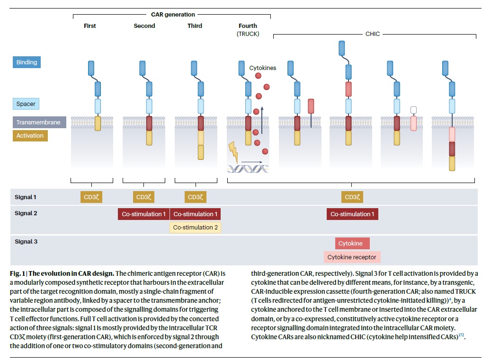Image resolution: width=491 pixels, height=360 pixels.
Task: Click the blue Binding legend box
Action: tap(27, 62)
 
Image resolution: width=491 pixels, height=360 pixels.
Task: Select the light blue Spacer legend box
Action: tap(26, 104)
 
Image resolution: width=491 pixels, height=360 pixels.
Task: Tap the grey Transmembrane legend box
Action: tap(39, 123)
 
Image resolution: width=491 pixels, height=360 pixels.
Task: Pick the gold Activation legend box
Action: tap(30, 135)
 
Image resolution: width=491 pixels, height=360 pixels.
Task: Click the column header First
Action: tap(90, 26)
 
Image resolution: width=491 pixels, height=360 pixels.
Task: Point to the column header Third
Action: tap(195, 26)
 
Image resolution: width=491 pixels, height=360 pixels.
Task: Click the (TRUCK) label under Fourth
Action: tap(248, 34)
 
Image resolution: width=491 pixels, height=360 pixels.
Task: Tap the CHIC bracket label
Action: tap(373, 34)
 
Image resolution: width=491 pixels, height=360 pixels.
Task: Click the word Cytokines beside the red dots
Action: tap(263, 68)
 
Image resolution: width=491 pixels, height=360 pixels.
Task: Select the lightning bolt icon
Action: tap(233, 152)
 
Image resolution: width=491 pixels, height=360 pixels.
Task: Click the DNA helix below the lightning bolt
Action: tap(248, 169)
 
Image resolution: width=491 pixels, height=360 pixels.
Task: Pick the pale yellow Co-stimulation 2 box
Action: tap(196, 228)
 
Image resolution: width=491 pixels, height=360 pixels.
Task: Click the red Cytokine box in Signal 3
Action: tap(352, 243)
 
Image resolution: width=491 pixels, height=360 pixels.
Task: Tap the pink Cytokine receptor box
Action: tap(352, 257)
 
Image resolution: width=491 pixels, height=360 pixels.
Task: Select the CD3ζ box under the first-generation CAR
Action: tap(91, 197)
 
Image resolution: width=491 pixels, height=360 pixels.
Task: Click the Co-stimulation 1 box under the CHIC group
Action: tap(352, 214)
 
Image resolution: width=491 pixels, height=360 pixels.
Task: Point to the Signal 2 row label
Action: tap(26, 213)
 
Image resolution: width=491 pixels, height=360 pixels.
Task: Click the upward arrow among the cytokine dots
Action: tap(262, 120)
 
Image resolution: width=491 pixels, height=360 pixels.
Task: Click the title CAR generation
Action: tap(173, 14)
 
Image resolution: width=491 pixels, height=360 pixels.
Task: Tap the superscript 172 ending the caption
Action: tap(461, 335)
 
